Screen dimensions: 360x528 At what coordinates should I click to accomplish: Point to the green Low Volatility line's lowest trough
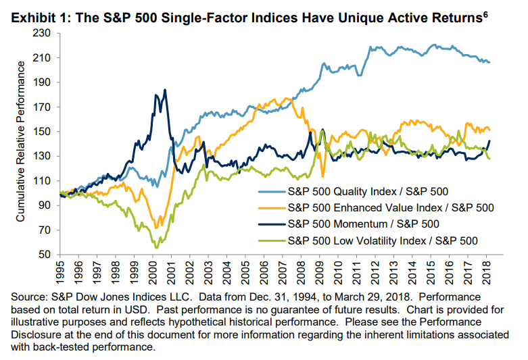point(157,248)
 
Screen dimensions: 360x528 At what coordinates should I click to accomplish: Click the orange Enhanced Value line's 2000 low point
point(157,228)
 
